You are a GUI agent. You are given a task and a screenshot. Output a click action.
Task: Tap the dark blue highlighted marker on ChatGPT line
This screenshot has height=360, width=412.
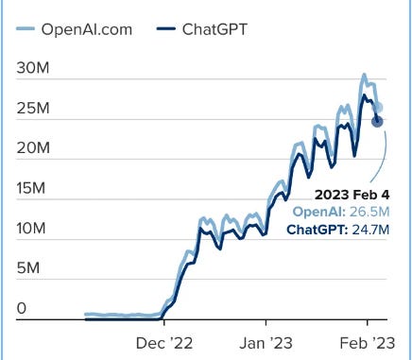click(x=377, y=120)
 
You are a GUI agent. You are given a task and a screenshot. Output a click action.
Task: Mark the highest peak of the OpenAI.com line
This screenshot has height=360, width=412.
click(x=364, y=74)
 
